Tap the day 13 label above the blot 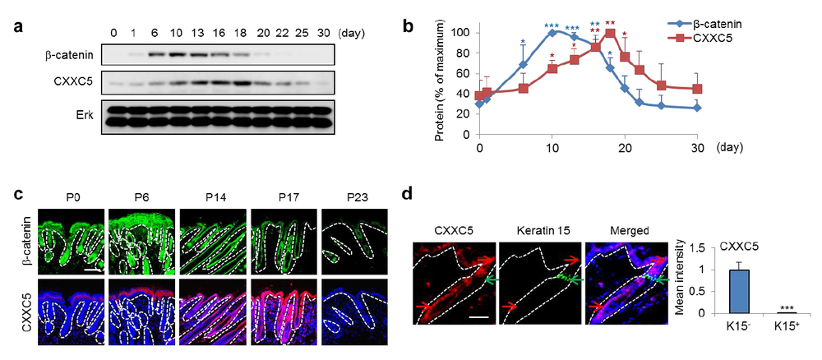(x=196, y=33)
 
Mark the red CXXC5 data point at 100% (x=610, y=34)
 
